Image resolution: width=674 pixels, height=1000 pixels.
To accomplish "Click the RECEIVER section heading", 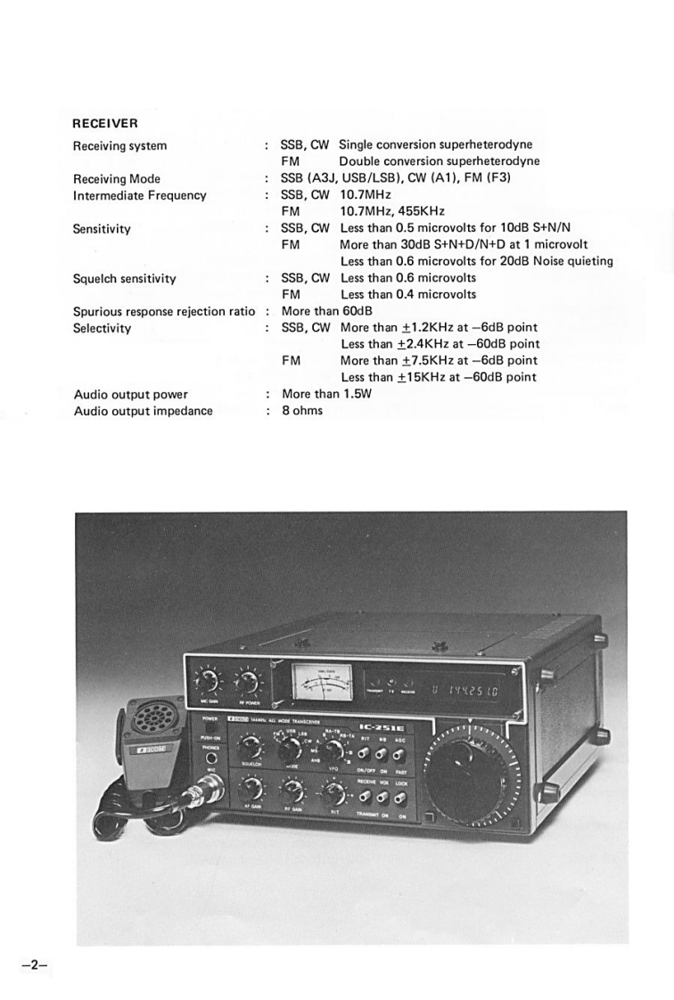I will click(105, 123).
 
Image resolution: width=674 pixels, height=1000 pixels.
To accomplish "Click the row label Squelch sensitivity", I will click(124, 278).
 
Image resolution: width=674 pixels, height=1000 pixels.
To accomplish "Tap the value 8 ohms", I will click(302, 411).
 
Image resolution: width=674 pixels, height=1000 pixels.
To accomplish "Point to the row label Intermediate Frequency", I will click(139, 195).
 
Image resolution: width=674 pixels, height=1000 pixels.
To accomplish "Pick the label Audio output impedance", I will click(143, 411).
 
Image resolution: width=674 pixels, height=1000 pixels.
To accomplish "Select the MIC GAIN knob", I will click(209, 682).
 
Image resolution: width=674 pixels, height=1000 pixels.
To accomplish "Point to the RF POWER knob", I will click(243, 684).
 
